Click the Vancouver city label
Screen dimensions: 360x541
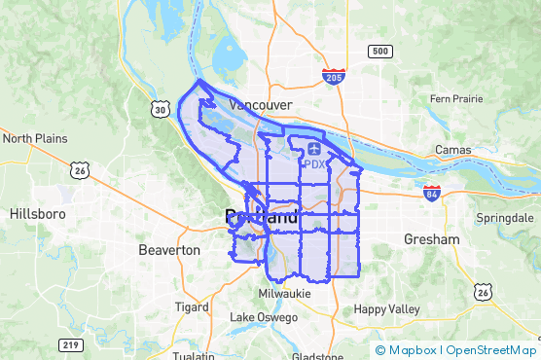point(260,103)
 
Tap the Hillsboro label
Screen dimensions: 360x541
point(37,213)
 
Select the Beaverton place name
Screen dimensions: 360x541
point(169,250)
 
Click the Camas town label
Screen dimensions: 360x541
point(453,151)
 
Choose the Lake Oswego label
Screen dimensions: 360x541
point(265,317)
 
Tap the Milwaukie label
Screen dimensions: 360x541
point(284,293)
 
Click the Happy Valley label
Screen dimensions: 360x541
point(385,309)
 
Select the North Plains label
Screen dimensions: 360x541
point(35,138)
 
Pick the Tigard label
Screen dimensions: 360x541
point(192,306)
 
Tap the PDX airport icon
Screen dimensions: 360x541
point(313,148)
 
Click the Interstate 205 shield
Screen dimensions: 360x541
point(334,77)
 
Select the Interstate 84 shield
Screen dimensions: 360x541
point(432,193)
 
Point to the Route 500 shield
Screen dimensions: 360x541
point(379,51)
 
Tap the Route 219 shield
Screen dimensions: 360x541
point(70,345)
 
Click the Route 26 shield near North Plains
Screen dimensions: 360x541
point(80,170)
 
